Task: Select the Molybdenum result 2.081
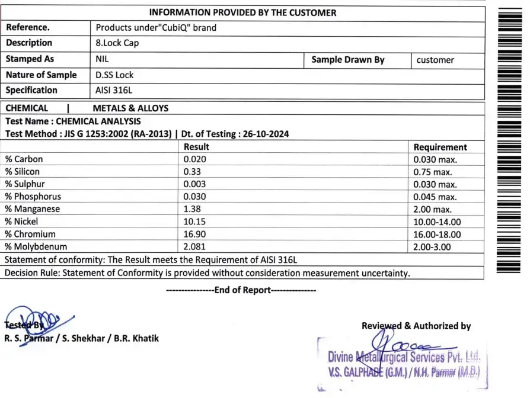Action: click(194, 246)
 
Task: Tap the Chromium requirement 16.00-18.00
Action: click(437, 234)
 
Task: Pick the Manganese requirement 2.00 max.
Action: click(432, 209)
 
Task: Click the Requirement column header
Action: click(440, 147)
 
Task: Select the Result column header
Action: click(196, 147)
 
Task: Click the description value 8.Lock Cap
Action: click(117, 43)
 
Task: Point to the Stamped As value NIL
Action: click(102, 59)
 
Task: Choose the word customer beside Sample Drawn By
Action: click(435, 60)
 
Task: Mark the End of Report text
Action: click(242, 290)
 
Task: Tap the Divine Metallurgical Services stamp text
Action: click(403, 357)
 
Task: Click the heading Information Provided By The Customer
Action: click(242, 12)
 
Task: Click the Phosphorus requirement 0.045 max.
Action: click(435, 197)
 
